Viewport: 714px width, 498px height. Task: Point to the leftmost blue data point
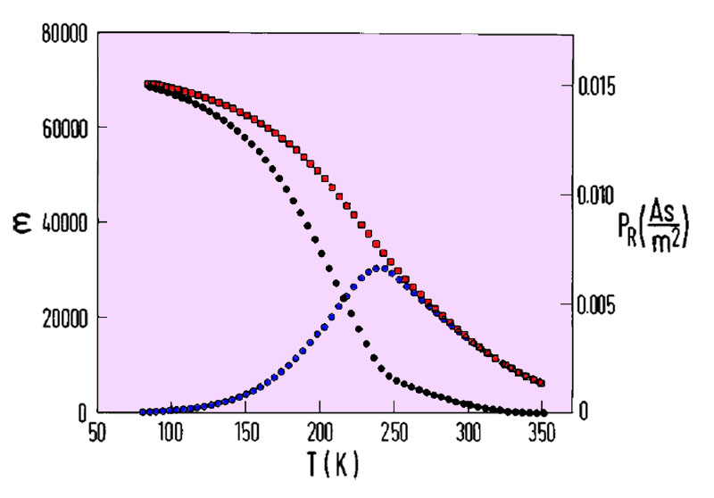point(143,412)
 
